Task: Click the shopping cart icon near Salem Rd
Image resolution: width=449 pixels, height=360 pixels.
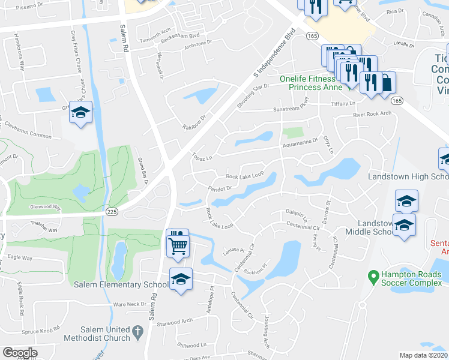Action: point(178,245)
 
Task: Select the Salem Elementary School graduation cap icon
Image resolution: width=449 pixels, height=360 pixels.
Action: point(181,279)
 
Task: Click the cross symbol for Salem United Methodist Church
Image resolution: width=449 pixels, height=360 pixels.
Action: point(137,330)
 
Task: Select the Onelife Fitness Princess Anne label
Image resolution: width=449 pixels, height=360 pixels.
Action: point(313,83)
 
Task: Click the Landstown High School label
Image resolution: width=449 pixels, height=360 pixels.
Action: point(408,177)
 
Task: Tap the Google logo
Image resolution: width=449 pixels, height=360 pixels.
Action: point(20,353)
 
